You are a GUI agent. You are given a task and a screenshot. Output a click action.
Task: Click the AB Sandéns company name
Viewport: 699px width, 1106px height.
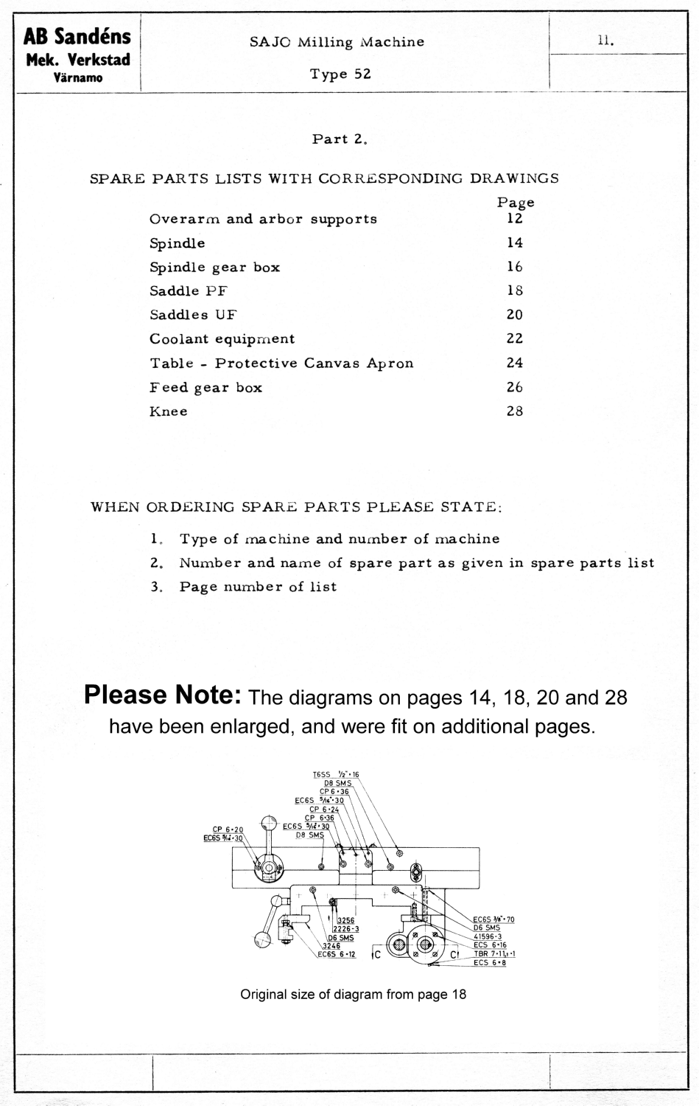click(x=77, y=37)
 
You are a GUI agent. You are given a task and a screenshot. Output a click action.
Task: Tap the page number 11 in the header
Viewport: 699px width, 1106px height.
click(x=606, y=42)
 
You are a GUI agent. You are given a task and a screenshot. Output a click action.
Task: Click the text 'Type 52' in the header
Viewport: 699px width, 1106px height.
click(x=340, y=74)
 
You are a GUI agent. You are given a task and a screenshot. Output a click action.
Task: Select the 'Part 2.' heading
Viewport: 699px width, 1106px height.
click(x=340, y=139)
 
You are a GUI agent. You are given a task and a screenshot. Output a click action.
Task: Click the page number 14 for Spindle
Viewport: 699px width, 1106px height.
click(x=514, y=243)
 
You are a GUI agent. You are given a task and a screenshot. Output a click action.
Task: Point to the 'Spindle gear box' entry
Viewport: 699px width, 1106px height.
click(x=214, y=267)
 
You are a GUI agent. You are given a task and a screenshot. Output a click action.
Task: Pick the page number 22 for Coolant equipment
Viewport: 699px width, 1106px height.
click(x=514, y=338)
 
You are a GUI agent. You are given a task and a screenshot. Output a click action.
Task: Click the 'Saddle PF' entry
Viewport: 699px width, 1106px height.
click(x=188, y=291)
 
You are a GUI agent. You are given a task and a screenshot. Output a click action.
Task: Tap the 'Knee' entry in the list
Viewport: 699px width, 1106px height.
click(x=168, y=411)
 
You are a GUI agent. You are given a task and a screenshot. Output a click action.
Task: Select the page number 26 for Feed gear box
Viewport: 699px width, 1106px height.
click(x=514, y=387)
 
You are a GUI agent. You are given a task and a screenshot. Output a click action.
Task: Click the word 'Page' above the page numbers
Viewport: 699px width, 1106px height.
click(x=516, y=202)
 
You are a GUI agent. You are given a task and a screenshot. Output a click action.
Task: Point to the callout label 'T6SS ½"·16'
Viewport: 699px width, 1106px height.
click(x=335, y=774)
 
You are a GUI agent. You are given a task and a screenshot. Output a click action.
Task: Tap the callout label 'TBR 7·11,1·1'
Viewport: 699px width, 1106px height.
click(x=493, y=953)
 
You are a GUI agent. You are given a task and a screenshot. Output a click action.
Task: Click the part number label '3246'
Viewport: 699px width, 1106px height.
click(x=331, y=945)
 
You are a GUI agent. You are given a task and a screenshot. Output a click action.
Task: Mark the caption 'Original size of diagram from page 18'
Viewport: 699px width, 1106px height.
click(x=353, y=994)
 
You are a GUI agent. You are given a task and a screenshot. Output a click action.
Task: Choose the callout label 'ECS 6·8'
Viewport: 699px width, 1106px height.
click(x=489, y=962)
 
